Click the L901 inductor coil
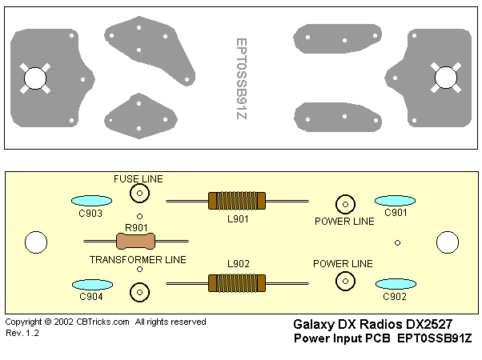(x=236, y=200)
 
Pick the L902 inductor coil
(x=236, y=282)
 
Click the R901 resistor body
(x=137, y=240)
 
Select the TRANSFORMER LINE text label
(x=138, y=259)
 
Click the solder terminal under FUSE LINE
(x=140, y=194)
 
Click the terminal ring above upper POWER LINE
(x=345, y=203)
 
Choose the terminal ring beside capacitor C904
(x=140, y=291)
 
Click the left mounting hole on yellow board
(x=35, y=242)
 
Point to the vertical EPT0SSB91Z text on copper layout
(x=242, y=78)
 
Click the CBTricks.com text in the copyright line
(x=103, y=322)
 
